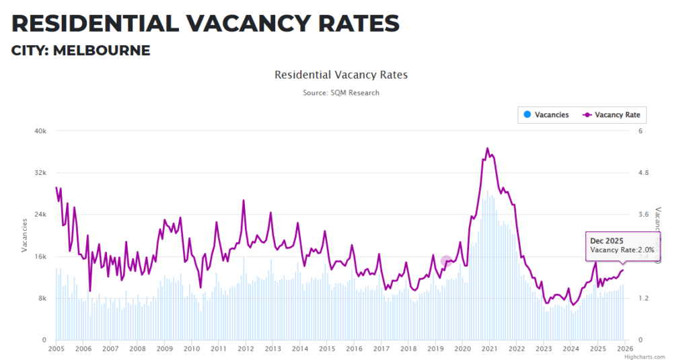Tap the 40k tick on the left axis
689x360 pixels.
[40, 131]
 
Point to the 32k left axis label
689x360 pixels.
[40, 172]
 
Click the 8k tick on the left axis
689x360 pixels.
[42, 298]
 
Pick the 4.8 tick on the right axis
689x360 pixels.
[644, 172]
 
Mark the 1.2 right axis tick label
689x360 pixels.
[644, 298]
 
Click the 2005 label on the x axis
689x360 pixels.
[56, 349]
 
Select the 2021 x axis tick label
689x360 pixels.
[489, 349]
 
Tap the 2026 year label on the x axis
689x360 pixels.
[624, 349]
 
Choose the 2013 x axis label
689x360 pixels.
[273, 349]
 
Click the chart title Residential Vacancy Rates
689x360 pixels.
[340, 75]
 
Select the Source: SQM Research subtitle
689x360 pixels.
[340, 93]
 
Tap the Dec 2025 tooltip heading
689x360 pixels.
[606, 240]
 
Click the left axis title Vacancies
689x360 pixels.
[25, 236]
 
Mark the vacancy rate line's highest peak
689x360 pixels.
[487, 148]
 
